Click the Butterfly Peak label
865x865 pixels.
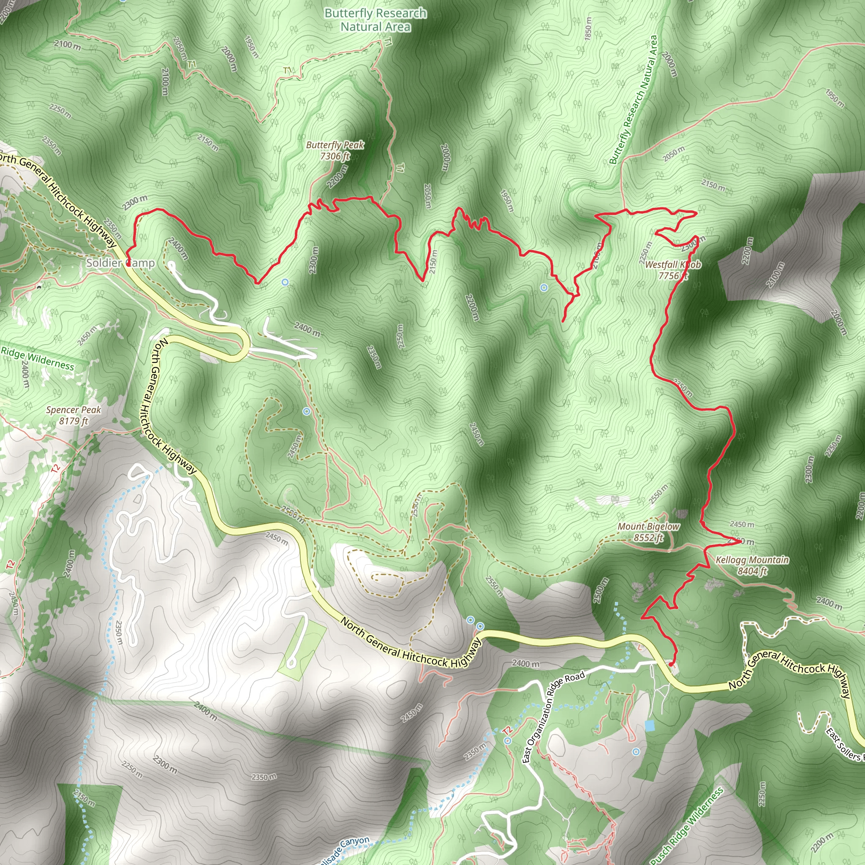(x=335, y=145)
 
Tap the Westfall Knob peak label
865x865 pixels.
(x=672, y=264)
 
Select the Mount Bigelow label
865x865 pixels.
(x=648, y=527)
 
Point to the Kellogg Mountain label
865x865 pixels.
(x=752, y=560)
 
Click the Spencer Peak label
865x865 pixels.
(x=73, y=410)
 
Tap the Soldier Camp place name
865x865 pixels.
(x=120, y=263)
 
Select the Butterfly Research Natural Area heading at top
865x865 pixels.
(x=375, y=20)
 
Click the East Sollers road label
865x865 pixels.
(x=844, y=744)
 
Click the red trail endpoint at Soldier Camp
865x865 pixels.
(x=128, y=264)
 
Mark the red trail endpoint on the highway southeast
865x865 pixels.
(x=670, y=664)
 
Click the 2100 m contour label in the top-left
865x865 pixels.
(x=67, y=45)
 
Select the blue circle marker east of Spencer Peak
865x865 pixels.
(x=307, y=411)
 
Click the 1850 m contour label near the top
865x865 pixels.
(x=588, y=28)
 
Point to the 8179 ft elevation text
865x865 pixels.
(x=73, y=421)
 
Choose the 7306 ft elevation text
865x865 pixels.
(x=335, y=156)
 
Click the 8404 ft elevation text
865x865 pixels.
(x=752, y=571)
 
